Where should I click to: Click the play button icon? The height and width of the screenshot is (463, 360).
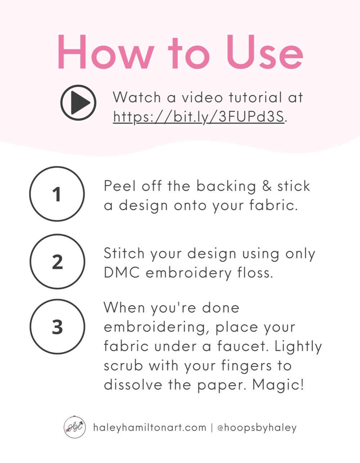pos(78,103)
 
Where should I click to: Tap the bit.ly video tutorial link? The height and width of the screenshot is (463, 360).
pos(198,117)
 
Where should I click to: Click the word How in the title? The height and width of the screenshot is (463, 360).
pos(106,52)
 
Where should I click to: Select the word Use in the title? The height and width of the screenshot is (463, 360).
pos(264,52)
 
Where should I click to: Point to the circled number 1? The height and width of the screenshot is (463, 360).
pos(57,194)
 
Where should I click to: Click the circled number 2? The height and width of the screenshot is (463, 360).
pos(57,262)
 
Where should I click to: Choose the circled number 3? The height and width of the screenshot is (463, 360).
pos(57,327)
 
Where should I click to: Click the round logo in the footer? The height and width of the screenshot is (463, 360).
pos(75,427)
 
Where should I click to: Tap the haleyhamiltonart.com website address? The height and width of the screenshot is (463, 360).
pos(150,428)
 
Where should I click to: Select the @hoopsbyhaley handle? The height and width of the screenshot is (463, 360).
pos(257,428)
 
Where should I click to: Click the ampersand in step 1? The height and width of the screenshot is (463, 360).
pos(267,185)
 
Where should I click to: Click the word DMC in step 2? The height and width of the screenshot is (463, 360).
pos(122,273)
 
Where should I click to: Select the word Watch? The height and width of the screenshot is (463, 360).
pos(137,97)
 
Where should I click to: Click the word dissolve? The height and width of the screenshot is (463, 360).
pos(133,385)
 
